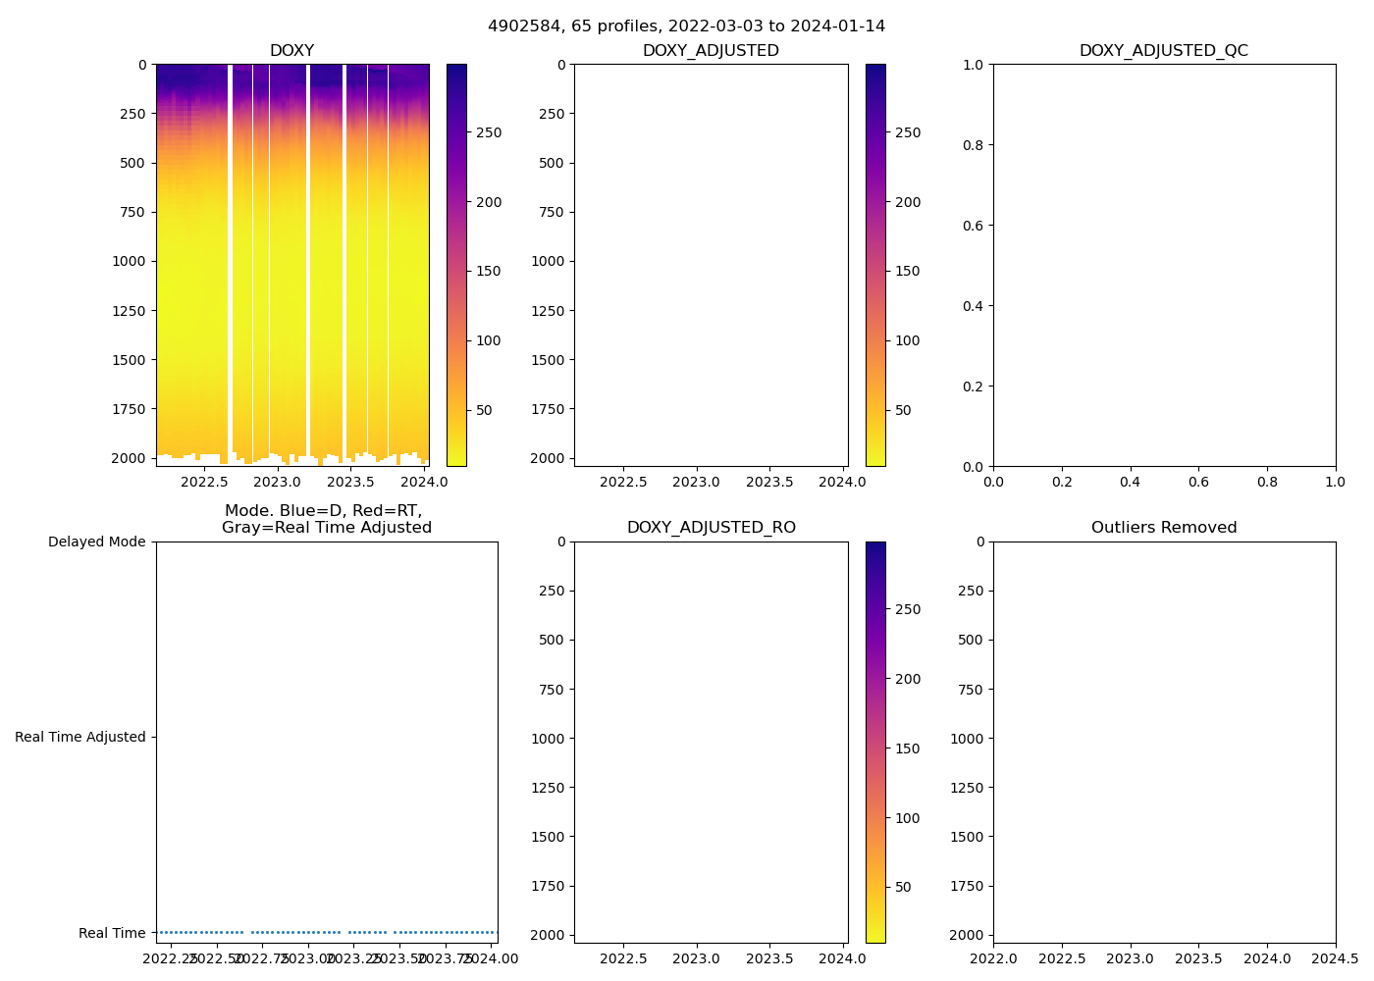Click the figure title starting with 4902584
pos(686,26)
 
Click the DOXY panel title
pos(291,50)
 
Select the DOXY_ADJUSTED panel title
pos(711,50)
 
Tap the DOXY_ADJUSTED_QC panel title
pos(1163,50)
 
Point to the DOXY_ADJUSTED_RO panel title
pos(711,528)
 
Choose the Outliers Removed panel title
pos(1163,528)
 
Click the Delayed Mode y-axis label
pos(96,542)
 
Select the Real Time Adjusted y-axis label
pos(79,738)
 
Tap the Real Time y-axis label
pos(112,933)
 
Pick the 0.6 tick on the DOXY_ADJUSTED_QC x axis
pos(1198,482)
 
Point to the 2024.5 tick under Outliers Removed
pos(1335,958)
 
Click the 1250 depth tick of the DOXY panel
pos(128,311)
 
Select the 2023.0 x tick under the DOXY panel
pos(277,482)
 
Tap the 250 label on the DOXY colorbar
pos(488,132)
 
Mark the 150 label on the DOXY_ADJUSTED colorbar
pos(907,272)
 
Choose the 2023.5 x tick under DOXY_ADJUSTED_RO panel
pos(769,958)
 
